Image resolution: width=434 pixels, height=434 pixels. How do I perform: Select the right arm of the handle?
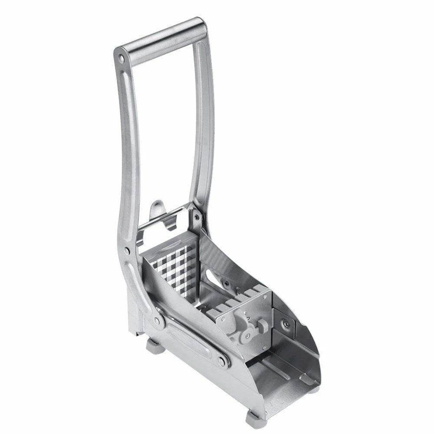click(201, 130)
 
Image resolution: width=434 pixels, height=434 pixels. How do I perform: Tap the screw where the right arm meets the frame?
click(196, 216)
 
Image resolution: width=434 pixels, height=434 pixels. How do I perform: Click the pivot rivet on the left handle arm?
click(127, 250)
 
